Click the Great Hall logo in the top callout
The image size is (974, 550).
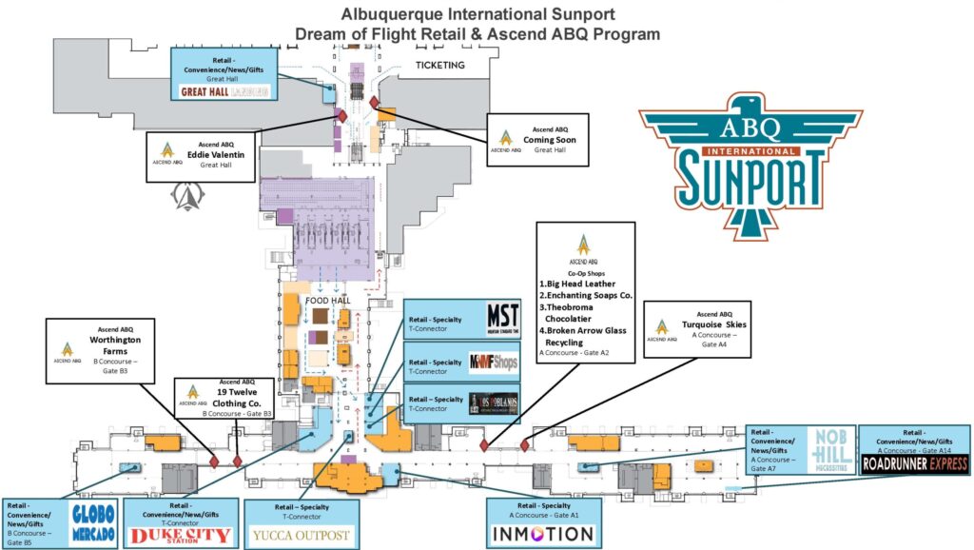coord(225,91)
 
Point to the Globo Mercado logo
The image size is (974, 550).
coord(96,522)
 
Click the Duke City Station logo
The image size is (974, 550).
coord(180,536)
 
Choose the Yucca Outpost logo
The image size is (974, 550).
coord(300,535)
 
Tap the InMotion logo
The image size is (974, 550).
coord(542,534)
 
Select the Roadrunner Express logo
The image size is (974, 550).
coord(915,464)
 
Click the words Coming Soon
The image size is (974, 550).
coord(550,139)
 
